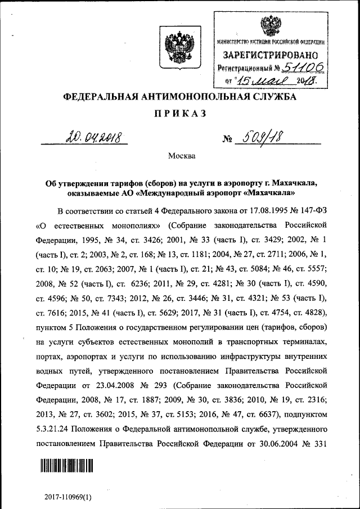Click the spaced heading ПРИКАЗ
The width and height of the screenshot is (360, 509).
click(180, 114)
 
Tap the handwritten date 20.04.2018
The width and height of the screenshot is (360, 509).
click(93, 137)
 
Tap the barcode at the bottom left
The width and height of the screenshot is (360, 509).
click(66, 466)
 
